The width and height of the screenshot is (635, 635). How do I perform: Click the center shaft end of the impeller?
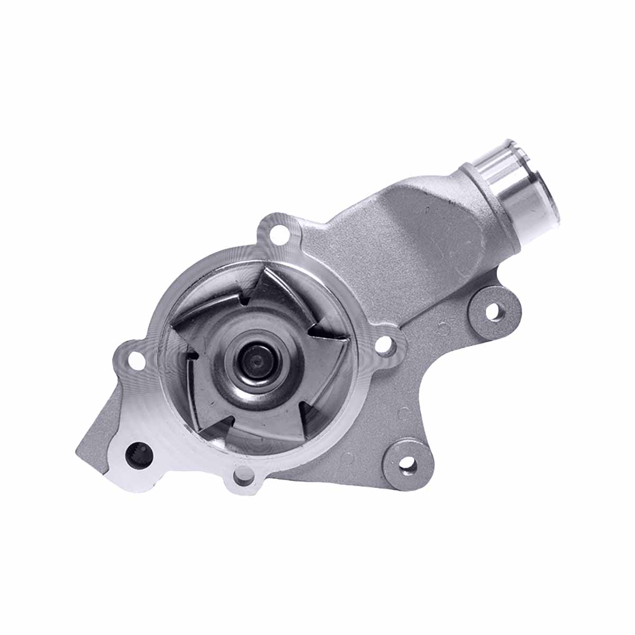point(256,360)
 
